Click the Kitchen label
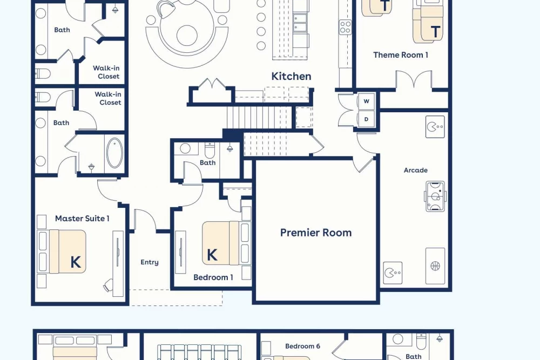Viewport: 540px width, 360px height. (291, 76)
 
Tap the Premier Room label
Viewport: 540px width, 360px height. (316, 233)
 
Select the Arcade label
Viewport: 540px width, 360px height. (416, 170)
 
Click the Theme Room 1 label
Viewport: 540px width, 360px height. (401, 55)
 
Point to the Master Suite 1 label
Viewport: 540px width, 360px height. (82, 218)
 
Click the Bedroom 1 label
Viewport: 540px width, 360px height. (213, 277)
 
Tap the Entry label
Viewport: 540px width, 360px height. (150, 262)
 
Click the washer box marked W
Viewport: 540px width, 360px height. (366, 101)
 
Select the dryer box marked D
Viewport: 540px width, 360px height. (366, 119)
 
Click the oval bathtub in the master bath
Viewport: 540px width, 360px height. (114, 153)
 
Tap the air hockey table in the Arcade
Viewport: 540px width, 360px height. (435, 196)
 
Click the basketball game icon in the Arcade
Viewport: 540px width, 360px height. (435, 266)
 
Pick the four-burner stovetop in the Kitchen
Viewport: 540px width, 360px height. (345, 27)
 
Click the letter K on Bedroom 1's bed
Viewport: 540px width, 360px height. (212, 255)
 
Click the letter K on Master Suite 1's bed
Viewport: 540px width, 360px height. (76, 262)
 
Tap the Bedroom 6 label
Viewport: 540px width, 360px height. (303, 346)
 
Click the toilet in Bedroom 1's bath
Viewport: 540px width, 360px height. (210, 150)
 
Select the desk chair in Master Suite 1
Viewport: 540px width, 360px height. (108, 286)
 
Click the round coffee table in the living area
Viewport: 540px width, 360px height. (187, 35)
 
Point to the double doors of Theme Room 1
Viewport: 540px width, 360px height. (414, 79)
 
